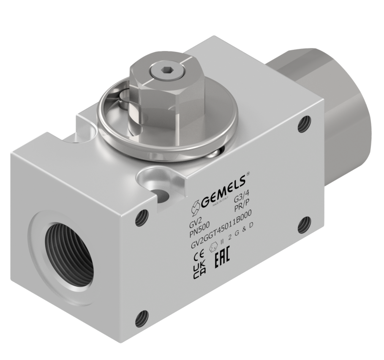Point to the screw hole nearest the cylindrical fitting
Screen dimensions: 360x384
click(304, 124)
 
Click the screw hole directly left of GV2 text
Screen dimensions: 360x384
click(142, 218)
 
